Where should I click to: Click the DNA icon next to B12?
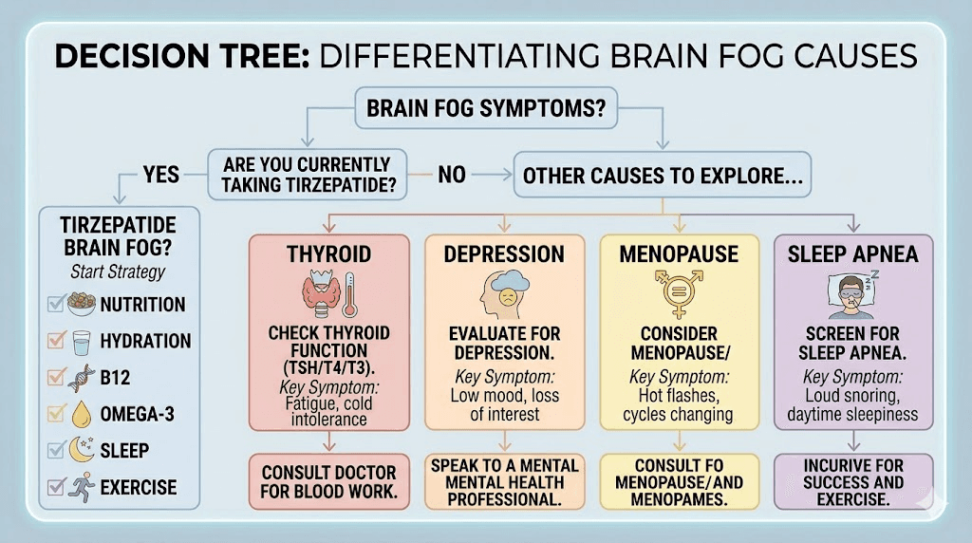[83, 377]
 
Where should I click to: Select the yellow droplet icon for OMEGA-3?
[83, 413]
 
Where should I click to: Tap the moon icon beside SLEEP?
[83, 449]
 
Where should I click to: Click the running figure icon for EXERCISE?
[83, 488]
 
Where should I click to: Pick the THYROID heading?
[329, 254]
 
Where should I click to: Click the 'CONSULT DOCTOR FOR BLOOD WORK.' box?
[329, 481]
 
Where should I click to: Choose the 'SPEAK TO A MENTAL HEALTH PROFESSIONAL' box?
[504, 481]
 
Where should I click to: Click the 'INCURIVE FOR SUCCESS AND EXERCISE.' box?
[853, 481]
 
